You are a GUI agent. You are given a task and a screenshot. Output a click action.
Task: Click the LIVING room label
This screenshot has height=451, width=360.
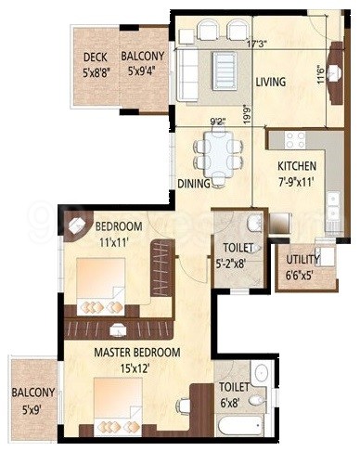click(x=270, y=83)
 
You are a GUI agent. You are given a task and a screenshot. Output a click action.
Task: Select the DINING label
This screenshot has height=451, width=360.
click(x=194, y=184)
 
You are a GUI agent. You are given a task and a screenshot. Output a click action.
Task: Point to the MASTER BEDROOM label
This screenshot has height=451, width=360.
click(x=136, y=353)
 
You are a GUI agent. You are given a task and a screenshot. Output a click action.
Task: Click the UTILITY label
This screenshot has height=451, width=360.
click(x=302, y=262)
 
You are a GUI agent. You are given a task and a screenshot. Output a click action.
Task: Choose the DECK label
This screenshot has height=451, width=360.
click(x=96, y=56)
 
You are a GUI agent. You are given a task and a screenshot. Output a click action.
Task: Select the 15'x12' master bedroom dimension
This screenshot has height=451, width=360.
click(x=136, y=367)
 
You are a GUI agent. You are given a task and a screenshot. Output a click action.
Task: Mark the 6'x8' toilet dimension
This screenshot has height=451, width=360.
click(x=231, y=402)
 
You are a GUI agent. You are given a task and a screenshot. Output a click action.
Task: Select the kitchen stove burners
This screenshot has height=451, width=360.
click(x=295, y=140)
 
